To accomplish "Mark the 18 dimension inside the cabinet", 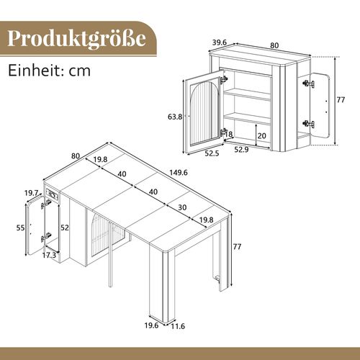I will point(229,135).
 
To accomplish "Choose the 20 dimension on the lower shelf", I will point(262,135).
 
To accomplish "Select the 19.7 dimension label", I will point(30,194).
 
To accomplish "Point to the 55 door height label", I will point(21,228).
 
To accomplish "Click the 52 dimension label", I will point(66,228).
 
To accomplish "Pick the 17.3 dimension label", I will point(50,256).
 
